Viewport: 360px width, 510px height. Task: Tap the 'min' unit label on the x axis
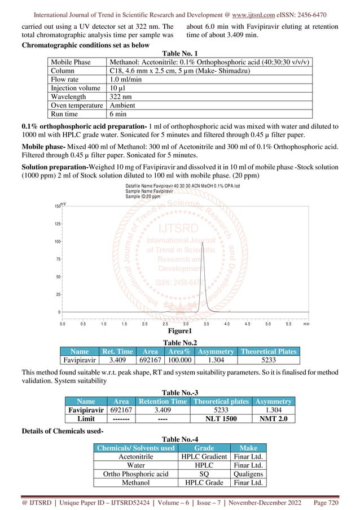tap(306, 325)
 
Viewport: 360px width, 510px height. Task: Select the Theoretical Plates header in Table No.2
tap(268, 351)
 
